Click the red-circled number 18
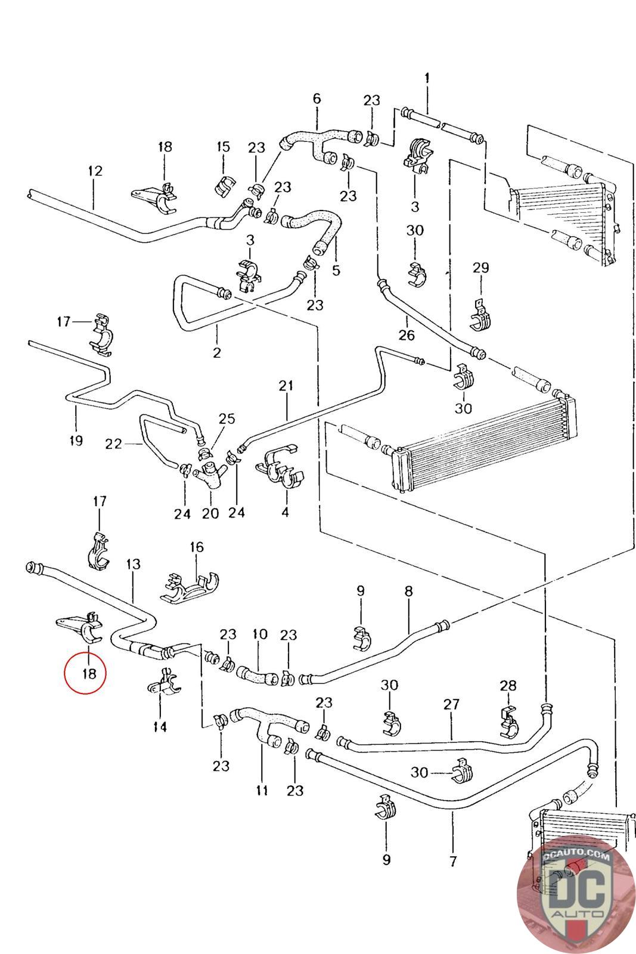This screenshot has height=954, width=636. tap(89, 674)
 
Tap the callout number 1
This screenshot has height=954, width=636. tap(427, 78)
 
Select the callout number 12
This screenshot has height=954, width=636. tap(95, 171)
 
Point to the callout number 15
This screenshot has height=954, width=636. tap(223, 147)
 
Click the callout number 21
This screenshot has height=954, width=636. tap(286, 386)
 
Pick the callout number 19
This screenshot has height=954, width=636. tap(76, 441)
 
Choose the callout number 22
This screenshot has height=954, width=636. tap(113, 444)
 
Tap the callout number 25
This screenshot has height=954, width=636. tap(227, 419)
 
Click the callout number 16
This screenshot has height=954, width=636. tap(197, 547)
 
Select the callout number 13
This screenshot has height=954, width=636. tap(134, 564)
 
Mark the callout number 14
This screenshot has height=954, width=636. tap(160, 727)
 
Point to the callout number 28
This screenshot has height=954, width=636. tap(508, 686)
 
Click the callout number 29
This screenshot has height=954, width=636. tap(480, 268)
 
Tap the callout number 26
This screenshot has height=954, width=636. tap(406, 335)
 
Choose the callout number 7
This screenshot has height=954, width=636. tap(452, 861)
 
